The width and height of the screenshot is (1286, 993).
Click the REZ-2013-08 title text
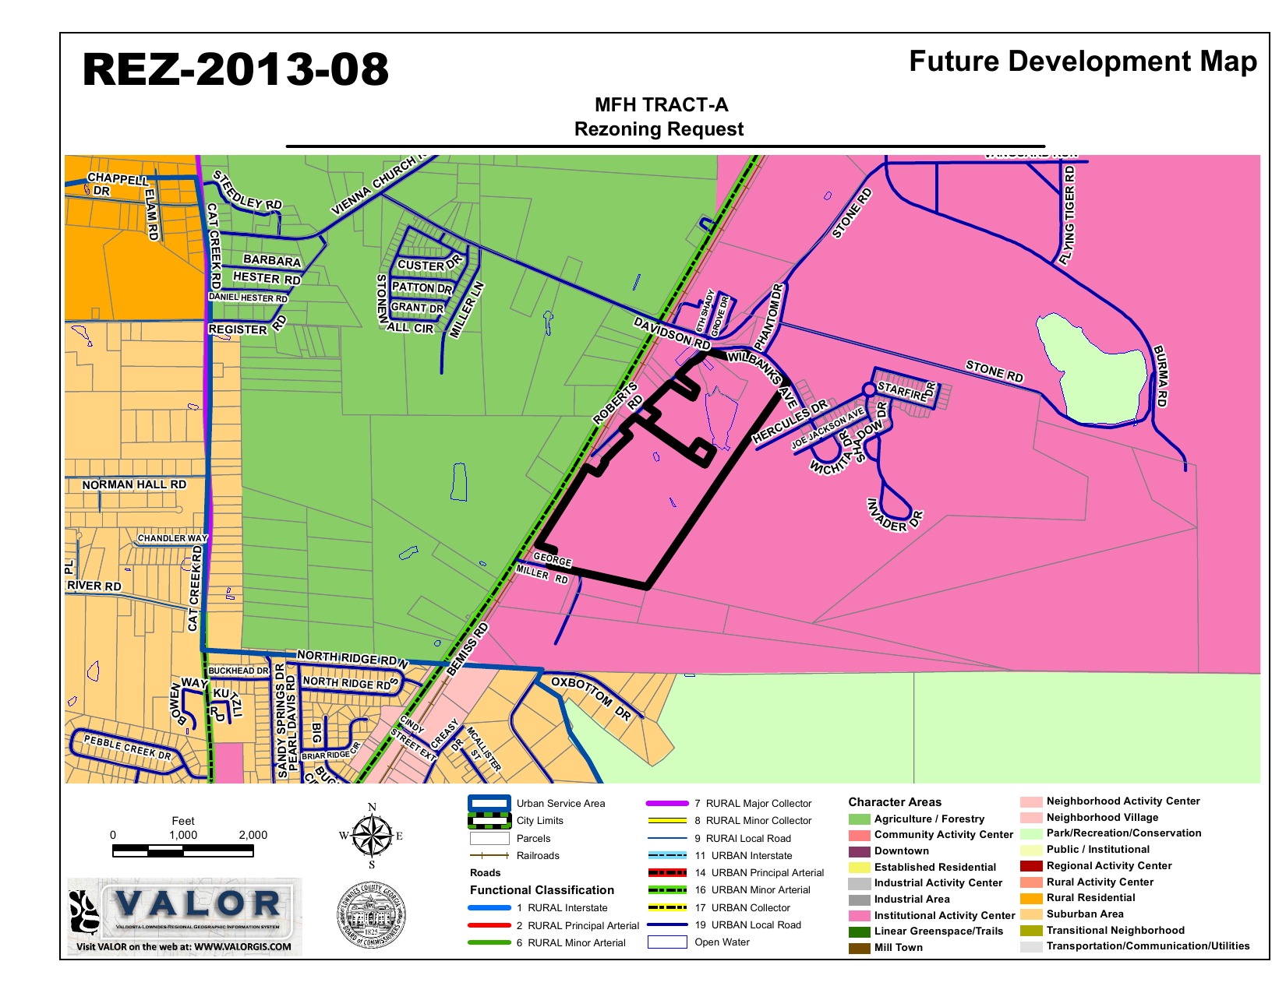tap(235, 69)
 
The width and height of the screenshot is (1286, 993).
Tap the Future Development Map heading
tap(1083, 62)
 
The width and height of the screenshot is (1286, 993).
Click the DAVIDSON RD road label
tap(671, 333)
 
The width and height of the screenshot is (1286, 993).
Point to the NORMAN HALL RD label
tap(134, 484)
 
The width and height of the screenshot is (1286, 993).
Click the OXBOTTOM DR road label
tap(591, 697)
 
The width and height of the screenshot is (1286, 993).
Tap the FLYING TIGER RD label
tap(1068, 216)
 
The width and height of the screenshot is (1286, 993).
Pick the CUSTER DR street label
tap(429, 264)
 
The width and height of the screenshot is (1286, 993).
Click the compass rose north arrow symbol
tap(372, 836)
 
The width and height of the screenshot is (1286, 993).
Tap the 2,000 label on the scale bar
tap(253, 835)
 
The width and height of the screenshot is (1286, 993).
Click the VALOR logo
tap(185, 917)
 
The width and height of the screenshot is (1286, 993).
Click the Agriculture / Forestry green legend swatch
tap(859, 819)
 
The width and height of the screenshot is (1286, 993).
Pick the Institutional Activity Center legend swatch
tap(859, 916)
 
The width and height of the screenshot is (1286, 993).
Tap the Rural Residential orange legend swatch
tap(1031, 898)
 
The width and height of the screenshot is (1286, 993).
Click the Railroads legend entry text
tap(538, 855)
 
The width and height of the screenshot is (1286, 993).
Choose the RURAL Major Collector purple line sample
tap(667, 803)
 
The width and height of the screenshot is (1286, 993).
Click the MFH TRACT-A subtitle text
tap(661, 105)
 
